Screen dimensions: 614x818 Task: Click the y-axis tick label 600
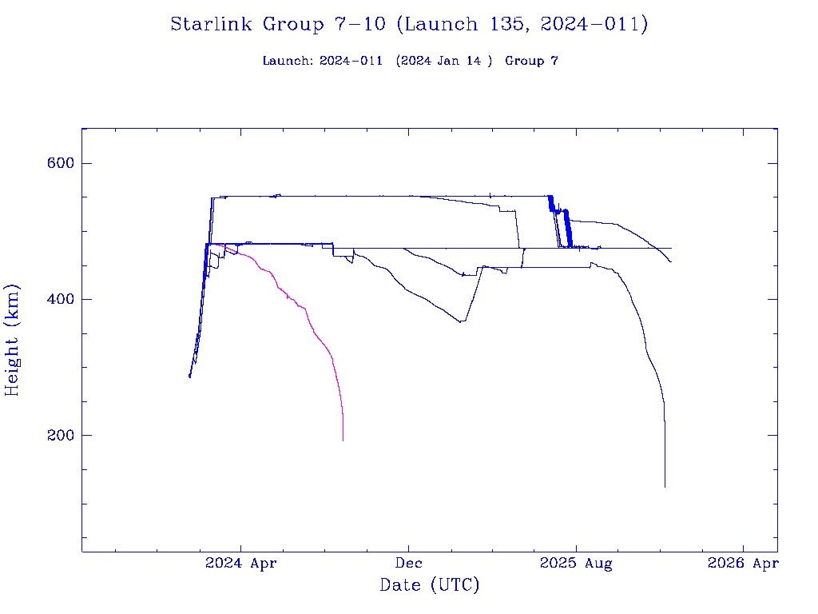tap(59, 163)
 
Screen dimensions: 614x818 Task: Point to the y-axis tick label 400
tap(59, 299)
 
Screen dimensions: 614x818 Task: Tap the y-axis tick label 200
tap(59, 435)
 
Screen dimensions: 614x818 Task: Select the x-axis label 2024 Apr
tap(241, 564)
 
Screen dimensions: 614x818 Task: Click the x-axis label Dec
tap(408, 564)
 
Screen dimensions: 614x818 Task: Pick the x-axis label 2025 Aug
tap(576, 564)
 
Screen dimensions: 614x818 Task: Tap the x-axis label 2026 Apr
tap(743, 564)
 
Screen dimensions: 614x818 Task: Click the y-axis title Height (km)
tap(13, 340)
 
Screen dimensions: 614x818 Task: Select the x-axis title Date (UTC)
tap(430, 585)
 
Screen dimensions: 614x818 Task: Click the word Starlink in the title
tap(212, 24)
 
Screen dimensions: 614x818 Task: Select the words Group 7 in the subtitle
tap(531, 61)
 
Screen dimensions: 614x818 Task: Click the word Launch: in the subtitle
tap(288, 61)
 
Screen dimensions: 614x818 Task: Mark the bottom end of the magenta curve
tap(343, 441)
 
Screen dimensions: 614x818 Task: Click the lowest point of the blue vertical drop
tap(665, 486)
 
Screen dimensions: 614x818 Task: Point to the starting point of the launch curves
tap(189, 376)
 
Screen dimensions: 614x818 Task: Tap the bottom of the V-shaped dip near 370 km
tap(461, 321)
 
